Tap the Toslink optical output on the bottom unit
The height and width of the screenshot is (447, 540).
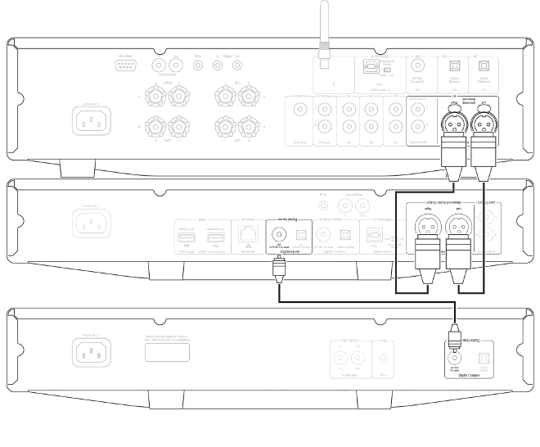tap(481, 355)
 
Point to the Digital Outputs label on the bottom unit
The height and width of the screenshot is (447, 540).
tap(466, 374)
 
